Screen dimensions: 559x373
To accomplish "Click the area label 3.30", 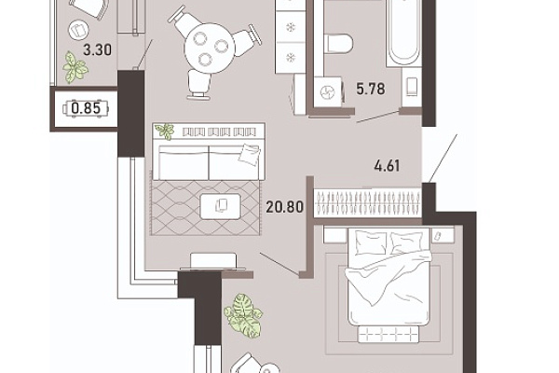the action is (x=97, y=49).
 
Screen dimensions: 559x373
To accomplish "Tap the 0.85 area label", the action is (x=86, y=108).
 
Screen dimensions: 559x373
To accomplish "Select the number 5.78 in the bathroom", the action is (x=371, y=89).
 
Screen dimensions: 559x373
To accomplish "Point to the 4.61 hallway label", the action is (x=387, y=166).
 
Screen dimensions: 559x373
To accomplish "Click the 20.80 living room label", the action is (x=284, y=207).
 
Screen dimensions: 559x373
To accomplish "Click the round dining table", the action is (x=210, y=48).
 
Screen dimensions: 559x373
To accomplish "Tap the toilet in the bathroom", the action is (x=339, y=44).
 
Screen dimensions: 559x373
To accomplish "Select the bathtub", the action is (x=403, y=32).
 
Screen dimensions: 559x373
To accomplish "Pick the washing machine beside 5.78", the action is (x=329, y=92).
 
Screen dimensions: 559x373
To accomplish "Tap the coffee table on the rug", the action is (x=220, y=206).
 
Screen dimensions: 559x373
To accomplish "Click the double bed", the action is (x=389, y=277).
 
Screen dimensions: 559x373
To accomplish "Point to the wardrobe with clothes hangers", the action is (x=368, y=202).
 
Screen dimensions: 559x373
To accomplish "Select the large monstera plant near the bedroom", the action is (x=243, y=315).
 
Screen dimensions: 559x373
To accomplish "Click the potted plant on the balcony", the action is (x=75, y=67).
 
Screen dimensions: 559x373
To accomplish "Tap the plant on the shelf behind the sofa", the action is (x=164, y=131).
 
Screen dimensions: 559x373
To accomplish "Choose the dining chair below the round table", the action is (x=198, y=85).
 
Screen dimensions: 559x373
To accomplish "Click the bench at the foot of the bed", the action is (x=388, y=335).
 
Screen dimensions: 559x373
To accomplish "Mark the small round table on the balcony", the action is (x=78, y=30).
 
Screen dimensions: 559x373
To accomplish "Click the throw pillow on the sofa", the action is (x=249, y=154).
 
